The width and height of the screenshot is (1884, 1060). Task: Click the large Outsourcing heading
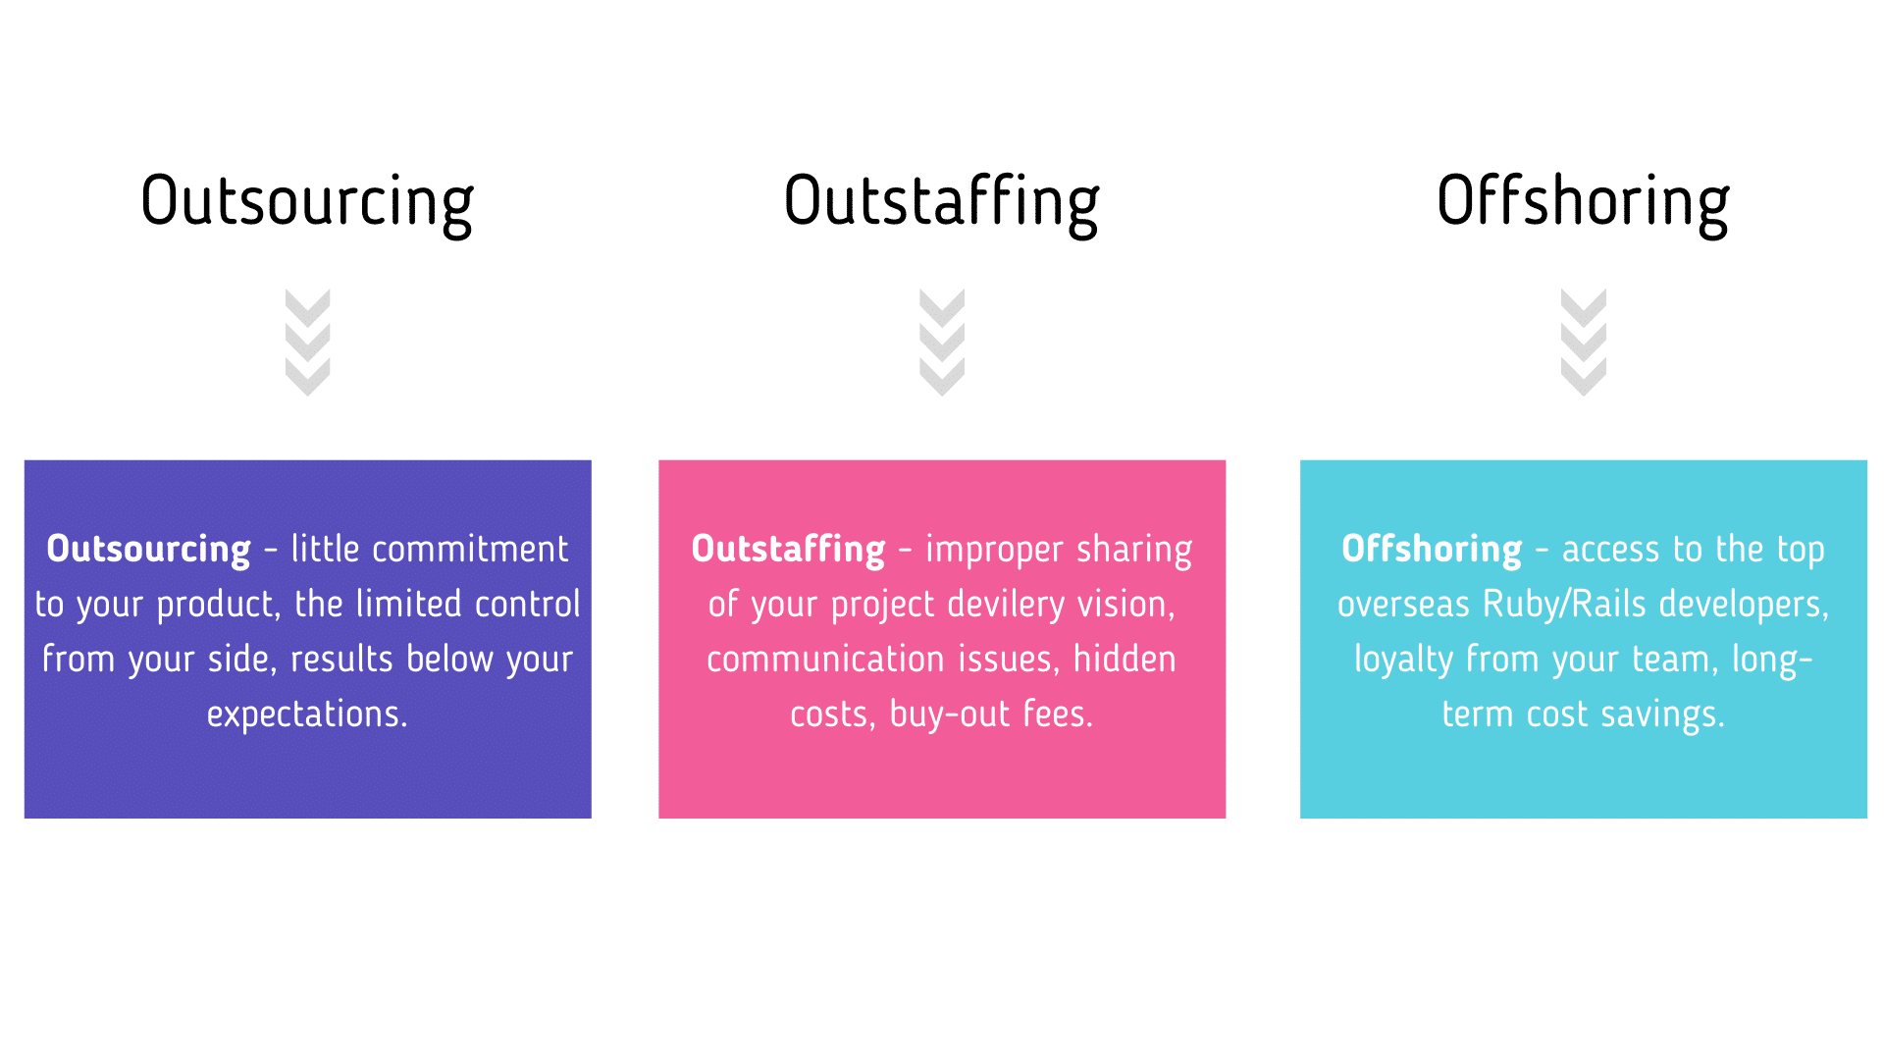point(307,201)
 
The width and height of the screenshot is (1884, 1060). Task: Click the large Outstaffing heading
point(941,201)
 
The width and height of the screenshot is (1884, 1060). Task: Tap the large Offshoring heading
point(1583,201)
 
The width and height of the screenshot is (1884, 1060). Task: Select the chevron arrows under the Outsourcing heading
point(307,342)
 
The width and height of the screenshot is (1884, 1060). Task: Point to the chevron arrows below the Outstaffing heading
point(942,342)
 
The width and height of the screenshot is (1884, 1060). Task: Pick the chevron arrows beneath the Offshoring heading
point(1583,342)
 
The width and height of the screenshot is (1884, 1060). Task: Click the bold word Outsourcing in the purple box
point(149,549)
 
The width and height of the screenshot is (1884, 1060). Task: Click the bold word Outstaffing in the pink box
point(788,549)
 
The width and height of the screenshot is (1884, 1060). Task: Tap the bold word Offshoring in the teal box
point(1432,549)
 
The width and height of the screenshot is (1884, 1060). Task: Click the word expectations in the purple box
point(306,715)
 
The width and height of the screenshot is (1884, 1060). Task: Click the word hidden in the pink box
point(1125,660)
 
